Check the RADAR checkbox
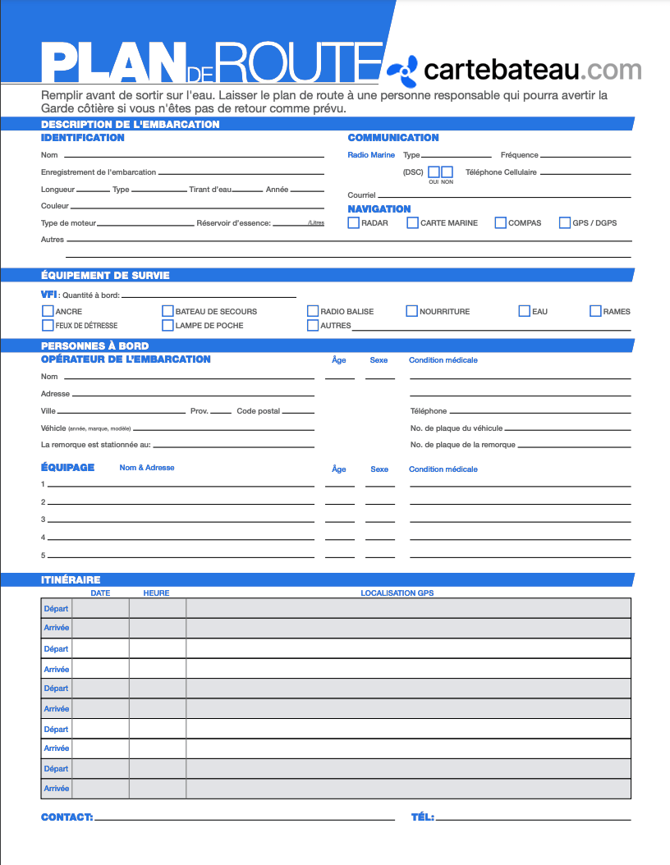tap(354, 223)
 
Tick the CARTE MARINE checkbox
tap(412, 223)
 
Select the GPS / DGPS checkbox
tap(565, 223)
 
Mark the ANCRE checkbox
tap(48, 312)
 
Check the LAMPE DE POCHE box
tap(168, 326)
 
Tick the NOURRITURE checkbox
tap(412, 312)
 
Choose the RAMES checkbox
tap(596, 312)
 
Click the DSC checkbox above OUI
tap(434, 172)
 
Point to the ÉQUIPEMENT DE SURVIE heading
tap(105, 276)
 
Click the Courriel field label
tap(361, 195)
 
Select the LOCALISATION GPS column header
tap(397, 593)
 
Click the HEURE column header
tap(156, 593)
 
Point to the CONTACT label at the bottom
tap(67, 817)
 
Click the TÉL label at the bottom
tap(422, 817)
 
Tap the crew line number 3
tap(44, 519)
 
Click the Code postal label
tap(258, 411)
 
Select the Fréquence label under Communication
tap(519, 155)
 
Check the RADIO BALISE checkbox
tap(313, 312)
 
